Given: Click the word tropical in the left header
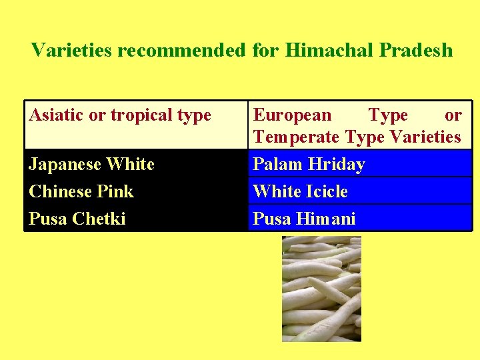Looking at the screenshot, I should click(x=141, y=115).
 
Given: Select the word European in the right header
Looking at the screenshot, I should click(x=291, y=115).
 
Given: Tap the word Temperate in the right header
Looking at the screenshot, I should click(x=297, y=137).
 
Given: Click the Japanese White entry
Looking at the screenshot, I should click(x=91, y=164).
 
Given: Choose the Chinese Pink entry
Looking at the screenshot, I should click(x=81, y=191).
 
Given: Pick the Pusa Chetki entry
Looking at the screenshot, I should click(x=77, y=219).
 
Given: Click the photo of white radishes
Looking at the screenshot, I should click(x=321, y=289).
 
